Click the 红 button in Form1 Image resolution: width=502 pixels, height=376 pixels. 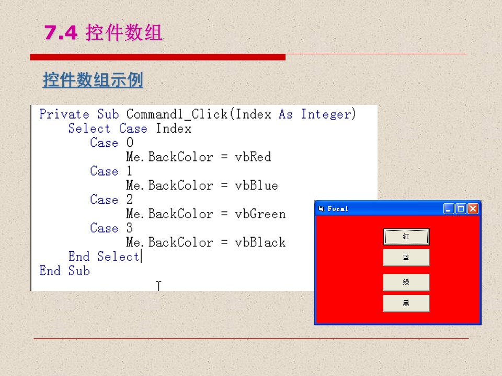coord(406,237)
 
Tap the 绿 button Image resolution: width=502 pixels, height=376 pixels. coord(406,283)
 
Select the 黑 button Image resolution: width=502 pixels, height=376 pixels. coord(406,303)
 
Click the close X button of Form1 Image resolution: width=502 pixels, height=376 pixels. coord(473,209)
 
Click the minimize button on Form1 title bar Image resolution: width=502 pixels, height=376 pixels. coord(449,209)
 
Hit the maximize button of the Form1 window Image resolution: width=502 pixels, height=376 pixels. coord(461,209)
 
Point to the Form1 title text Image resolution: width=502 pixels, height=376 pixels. coord(338,209)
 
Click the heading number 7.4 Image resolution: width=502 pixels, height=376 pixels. coord(61,32)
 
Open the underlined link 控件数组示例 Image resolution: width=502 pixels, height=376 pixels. coord(93,79)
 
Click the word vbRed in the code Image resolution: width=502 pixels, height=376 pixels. coord(253,157)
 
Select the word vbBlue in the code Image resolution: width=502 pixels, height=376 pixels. coord(256,185)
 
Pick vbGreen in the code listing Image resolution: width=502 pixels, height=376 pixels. coord(260,214)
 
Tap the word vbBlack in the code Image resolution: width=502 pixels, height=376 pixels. coord(260,242)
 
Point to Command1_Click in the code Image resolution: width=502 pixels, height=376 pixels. coord(177,114)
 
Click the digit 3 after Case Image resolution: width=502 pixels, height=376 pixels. coord(129,228)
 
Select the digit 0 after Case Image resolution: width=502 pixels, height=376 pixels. coord(129,143)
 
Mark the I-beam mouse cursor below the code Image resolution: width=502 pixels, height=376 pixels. coord(158,286)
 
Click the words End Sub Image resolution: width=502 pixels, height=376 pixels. coord(64,271)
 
